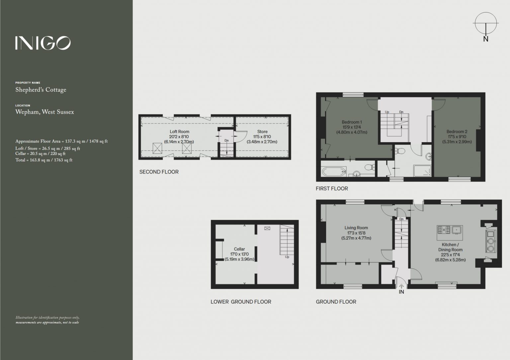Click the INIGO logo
(43, 43)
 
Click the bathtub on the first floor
(334, 171)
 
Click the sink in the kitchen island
(457, 230)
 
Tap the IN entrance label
(401, 292)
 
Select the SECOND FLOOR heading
(159, 172)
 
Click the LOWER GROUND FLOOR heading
(241, 302)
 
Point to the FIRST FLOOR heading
(332, 189)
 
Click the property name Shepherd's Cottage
(41, 90)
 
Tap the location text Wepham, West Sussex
(44, 112)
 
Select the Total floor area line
(44, 160)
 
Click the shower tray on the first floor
(422, 171)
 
